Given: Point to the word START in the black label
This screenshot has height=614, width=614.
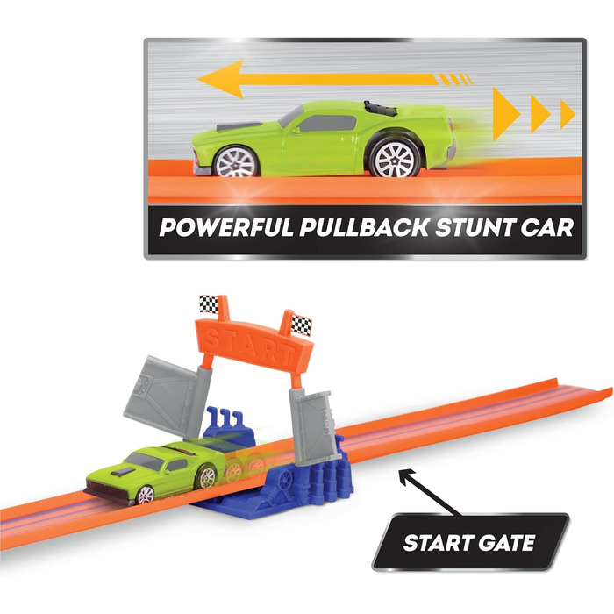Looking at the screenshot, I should point(436,544).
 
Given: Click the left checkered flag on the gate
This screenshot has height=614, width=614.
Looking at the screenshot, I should point(207,305).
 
